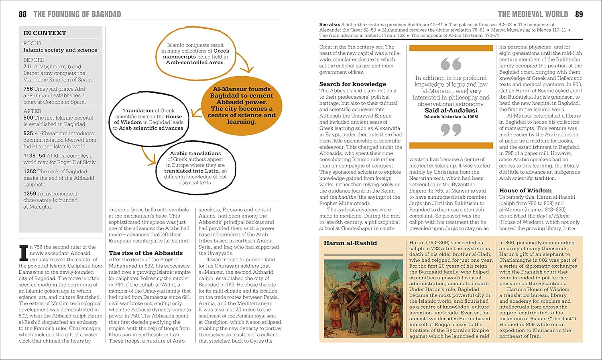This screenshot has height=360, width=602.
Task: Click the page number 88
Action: (x=22, y=14)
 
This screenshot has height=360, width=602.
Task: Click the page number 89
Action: (x=579, y=14)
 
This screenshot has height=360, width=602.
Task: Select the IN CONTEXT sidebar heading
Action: (x=45, y=33)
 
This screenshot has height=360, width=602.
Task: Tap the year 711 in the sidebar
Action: (x=28, y=67)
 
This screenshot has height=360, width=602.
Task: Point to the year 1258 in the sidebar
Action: (x=30, y=171)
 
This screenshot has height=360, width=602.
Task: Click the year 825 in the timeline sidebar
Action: (x=28, y=133)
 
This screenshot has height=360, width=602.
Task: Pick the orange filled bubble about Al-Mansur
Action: (x=242, y=105)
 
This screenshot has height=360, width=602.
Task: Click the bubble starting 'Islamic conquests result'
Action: (x=195, y=54)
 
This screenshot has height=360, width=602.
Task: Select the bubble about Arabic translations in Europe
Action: (x=195, y=168)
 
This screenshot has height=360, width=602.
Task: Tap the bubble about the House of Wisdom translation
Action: (x=148, y=119)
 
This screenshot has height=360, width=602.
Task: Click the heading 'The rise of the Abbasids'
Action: (x=146, y=253)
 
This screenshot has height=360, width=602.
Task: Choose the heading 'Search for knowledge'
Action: (x=352, y=84)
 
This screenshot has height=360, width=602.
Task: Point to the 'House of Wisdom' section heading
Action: (x=525, y=190)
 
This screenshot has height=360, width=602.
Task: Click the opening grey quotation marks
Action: (x=451, y=64)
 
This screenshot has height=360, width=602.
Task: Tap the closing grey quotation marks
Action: (x=451, y=129)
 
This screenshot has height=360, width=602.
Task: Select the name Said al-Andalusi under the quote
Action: (x=451, y=110)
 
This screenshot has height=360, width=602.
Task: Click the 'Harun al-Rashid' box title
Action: (x=350, y=243)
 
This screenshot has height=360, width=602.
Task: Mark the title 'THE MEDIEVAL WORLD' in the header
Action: (x=533, y=14)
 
